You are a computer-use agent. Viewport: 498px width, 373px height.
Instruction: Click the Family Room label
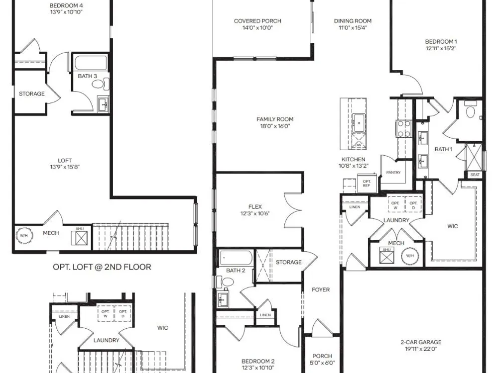pos(275,119)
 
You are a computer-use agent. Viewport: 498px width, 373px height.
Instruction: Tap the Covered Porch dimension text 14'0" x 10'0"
pos(257,27)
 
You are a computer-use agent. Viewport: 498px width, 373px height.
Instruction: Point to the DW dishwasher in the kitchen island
pos(358,145)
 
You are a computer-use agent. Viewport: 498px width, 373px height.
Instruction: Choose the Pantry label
pos(393,172)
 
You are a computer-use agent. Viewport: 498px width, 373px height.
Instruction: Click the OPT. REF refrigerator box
pos(367,184)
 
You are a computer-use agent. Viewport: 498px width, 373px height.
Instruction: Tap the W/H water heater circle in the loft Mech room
pos(24,235)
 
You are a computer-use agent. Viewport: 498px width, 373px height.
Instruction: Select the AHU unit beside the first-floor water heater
pos(386,255)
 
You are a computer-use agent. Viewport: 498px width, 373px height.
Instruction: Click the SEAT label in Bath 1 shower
pos(475,175)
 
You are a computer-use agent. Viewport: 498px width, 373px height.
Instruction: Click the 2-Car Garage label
pos(421,342)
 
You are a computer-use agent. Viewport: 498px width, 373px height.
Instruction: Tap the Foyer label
pos(321,289)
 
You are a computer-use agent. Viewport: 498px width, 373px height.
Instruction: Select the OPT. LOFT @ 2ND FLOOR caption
pos(102,267)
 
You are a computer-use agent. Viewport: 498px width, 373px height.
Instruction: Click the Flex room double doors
pos(293,210)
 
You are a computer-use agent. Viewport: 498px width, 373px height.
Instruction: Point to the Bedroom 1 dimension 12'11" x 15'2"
pos(441,48)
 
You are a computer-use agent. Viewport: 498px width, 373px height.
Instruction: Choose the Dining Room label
pos(353,21)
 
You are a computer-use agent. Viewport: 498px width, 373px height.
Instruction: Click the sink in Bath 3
pos(103,104)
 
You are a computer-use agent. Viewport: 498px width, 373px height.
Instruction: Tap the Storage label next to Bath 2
pos(288,262)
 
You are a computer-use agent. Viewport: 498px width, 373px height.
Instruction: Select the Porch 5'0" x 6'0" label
pos(322,360)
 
